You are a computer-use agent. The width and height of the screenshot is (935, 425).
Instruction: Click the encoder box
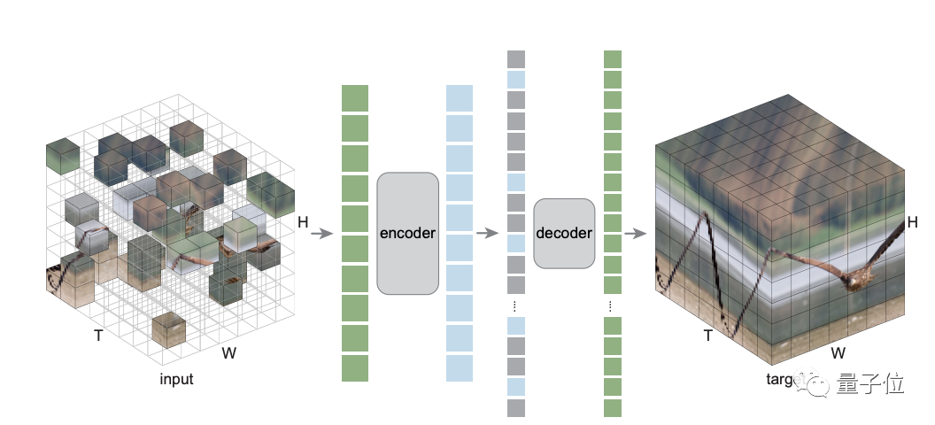point(407,234)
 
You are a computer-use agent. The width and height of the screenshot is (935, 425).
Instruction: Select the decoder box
point(564,234)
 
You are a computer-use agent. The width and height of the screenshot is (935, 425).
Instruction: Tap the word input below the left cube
point(176,380)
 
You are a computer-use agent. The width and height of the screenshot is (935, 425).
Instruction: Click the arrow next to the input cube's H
point(321,234)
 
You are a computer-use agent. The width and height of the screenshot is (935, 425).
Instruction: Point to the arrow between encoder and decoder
point(487,234)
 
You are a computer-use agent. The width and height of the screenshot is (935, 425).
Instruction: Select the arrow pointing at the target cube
point(633,234)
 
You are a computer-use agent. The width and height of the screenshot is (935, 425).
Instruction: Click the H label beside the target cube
point(913,222)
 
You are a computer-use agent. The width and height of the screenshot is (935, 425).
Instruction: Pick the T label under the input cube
point(99,336)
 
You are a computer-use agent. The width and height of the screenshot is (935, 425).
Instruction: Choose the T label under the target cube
point(708,336)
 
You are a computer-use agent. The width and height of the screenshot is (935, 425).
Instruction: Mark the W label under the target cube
point(838,352)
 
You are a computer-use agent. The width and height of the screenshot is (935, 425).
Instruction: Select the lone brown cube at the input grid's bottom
point(168,330)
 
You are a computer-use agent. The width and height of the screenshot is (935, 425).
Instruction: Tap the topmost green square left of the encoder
point(354,98)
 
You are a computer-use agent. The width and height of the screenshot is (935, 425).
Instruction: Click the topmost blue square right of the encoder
point(460,98)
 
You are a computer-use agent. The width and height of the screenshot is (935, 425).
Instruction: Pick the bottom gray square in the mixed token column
point(516,407)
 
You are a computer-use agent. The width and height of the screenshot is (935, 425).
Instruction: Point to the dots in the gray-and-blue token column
point(516,306)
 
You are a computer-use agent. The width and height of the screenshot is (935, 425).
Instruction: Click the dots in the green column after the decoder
point(612,306)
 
